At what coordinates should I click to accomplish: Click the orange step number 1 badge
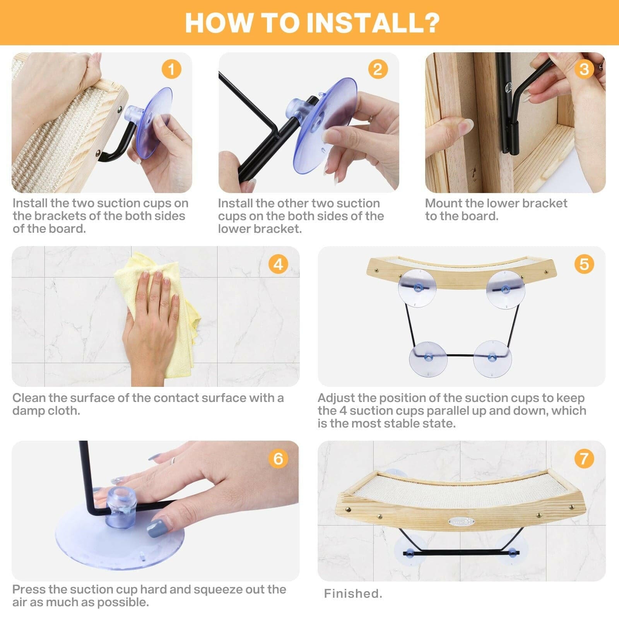[171, 70]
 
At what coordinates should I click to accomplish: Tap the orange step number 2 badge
[378, 70]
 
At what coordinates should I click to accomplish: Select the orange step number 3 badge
[584, 70]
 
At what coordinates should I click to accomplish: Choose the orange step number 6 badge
[279, 458]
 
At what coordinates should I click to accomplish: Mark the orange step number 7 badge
[584, 458]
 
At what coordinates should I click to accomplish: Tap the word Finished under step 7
[353, 593]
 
